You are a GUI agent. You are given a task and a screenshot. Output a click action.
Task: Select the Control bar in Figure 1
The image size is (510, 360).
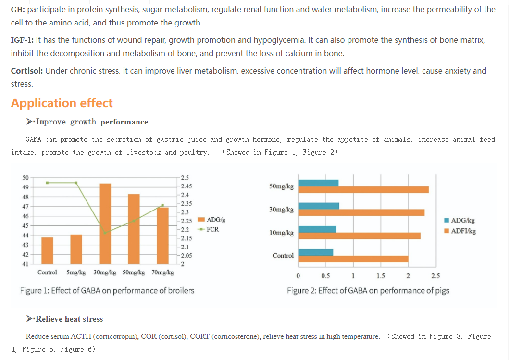47,250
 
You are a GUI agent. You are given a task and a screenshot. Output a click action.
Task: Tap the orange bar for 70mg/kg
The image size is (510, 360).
162,236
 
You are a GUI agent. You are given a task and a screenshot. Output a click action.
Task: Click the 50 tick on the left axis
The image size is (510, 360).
25,178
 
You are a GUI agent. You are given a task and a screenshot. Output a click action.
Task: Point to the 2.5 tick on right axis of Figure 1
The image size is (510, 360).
185,178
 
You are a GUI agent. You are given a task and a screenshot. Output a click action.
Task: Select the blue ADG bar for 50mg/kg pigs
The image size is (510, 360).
319,183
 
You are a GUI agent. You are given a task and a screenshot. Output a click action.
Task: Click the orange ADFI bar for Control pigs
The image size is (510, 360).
353,259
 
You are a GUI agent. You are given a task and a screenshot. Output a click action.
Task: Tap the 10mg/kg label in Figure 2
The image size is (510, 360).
282,233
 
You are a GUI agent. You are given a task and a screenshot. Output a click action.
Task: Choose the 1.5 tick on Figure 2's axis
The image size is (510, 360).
381,276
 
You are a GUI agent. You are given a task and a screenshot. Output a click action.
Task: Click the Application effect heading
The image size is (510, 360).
62,103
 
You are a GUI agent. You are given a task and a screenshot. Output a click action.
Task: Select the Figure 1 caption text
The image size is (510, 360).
107,290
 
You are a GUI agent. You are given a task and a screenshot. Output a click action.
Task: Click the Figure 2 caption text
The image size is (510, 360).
368,290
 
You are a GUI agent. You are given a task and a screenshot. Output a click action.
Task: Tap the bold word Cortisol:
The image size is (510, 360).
27,71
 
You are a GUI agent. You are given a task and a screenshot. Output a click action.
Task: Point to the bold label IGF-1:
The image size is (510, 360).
22,40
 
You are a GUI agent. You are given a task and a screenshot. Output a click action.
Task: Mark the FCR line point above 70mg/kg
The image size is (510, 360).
162,205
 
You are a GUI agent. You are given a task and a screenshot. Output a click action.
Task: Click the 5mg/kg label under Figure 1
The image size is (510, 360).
76,273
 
